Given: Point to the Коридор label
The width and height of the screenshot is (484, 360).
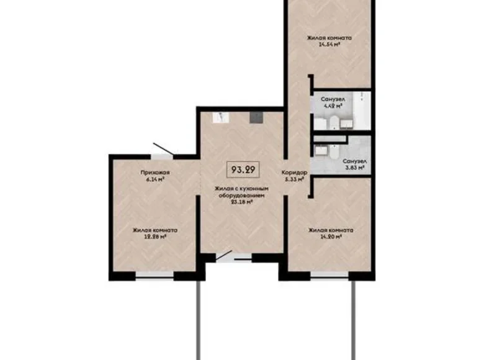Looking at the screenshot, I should (x=293, y=173).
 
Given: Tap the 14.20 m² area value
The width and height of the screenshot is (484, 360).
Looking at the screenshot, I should (x=331, y=236).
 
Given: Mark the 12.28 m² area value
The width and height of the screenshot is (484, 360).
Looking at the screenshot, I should (x=155, y=236).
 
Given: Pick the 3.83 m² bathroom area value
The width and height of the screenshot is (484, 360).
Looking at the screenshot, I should (x=353, y=167).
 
